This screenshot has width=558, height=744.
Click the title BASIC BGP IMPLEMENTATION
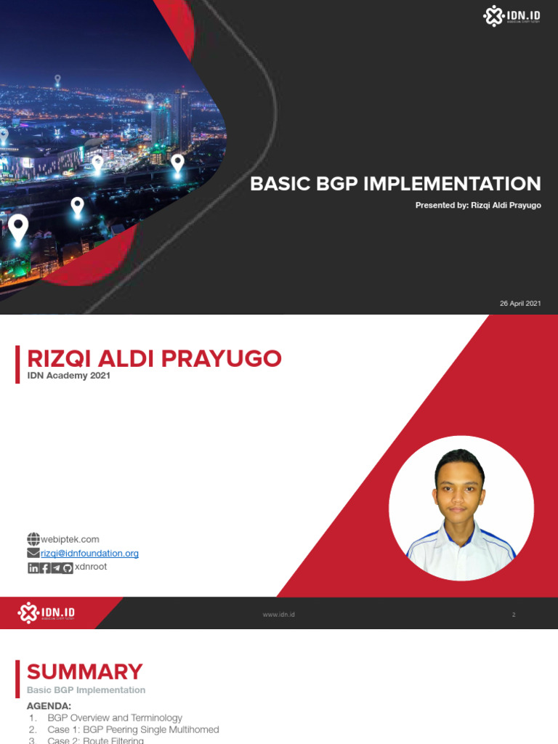coord(395,184)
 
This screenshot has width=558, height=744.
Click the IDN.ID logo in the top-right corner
coord(512,16)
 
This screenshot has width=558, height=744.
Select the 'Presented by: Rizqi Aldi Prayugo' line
coord(478,206)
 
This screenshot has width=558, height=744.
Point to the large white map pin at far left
coord(18,228)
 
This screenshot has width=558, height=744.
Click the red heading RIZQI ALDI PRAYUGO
coord(154,358)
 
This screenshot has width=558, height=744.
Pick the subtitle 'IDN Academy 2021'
coord(68,376)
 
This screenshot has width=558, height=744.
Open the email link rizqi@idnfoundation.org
coord(90,554)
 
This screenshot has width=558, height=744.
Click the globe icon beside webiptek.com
coord(33,539)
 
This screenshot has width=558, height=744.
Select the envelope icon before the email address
coord(33,554)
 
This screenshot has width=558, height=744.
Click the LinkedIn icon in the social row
coord(33,567)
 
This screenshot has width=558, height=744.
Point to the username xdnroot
coord(91,567)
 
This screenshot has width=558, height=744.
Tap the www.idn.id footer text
coord(278,615)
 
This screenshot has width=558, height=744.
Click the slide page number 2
coord(514,615)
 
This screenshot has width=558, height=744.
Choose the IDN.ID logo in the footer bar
coord(47,612)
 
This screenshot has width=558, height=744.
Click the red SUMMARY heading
coord(84,671)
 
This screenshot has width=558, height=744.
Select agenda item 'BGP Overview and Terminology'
coord(115,718)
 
